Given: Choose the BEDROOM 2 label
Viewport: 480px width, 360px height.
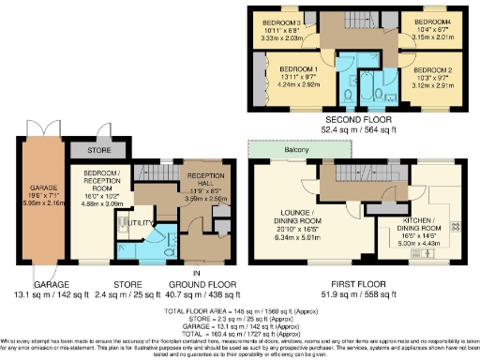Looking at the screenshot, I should (432, 71).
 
